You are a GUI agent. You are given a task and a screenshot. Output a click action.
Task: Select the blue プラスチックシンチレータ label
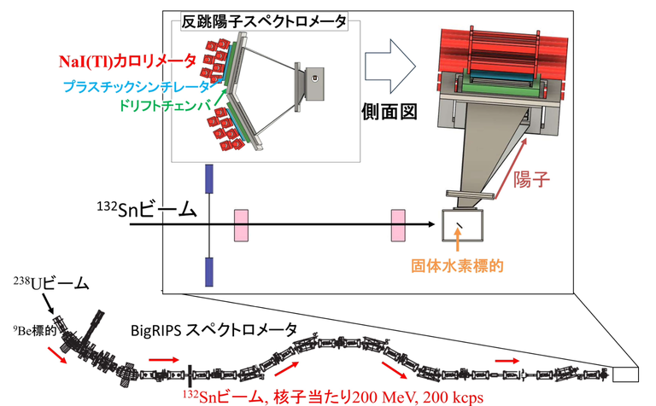point(136,86)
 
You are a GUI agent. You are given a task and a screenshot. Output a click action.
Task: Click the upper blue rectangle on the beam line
point(209,182)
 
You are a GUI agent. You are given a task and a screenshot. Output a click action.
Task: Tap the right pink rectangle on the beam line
point(398,225)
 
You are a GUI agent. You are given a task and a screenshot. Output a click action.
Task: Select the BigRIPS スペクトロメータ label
point(214,329)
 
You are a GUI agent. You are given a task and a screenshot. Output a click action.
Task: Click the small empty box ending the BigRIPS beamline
point(625,374)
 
